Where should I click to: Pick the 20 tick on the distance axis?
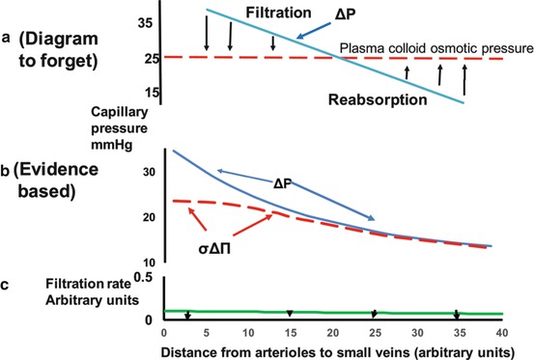coord(330,332)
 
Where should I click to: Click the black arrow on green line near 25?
coord(375,314)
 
